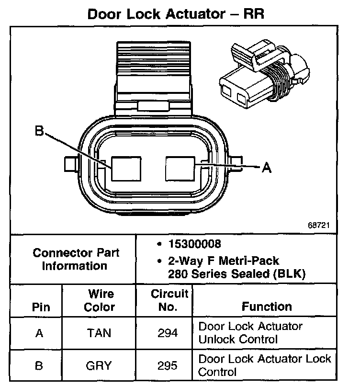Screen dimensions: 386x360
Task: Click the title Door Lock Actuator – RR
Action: [x=176, y=13]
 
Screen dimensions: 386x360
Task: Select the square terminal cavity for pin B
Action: [x=126, y=168]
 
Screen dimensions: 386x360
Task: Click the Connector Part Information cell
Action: [x=76, y=259]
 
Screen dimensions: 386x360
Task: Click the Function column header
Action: [x=266, y=307]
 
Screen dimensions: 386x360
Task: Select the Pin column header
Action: [x=40, y=307]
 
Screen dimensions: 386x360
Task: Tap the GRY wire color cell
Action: [x=99, y=366]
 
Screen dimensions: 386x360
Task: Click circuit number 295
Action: [x=168, y=366]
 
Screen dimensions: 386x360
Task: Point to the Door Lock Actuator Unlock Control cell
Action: [x=250, y=333]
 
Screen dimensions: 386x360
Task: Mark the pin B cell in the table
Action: [x=40, y=366]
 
